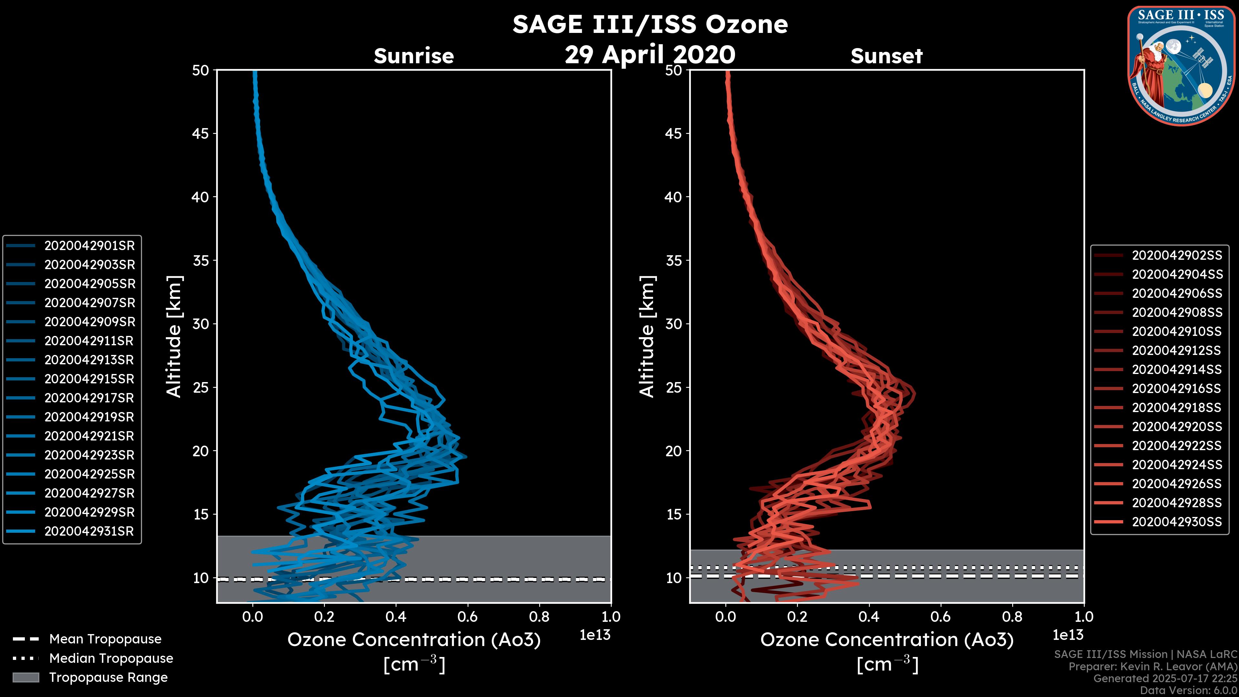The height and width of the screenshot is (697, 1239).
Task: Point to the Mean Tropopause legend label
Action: click(x=105, y=639)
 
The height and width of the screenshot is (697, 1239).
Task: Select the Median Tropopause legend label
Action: click(x=111, y=659)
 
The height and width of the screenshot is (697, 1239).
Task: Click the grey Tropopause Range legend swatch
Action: click(x=25, y=677)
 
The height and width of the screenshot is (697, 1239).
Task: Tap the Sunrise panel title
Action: click(x=414, y=56)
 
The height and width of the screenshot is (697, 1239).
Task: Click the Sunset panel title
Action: click(x=886, y=56)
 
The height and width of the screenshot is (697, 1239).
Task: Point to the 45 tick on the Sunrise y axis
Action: click(x=201, y=134)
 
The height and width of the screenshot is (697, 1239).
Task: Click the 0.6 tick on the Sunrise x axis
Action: click(x=468, y=617)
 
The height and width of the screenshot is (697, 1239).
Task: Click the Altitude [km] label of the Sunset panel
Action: click(x=647, y=337)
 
